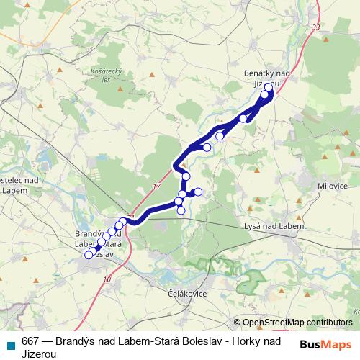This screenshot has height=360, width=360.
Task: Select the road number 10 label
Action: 107,279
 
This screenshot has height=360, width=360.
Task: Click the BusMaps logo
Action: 325,345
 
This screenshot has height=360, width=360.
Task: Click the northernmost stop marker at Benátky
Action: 269,87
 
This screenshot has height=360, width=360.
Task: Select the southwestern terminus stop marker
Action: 89,255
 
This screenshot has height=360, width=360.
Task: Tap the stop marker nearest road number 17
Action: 186,176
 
